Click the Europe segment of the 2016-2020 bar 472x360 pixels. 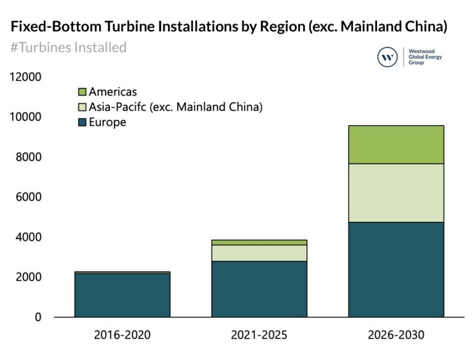coord(122,295)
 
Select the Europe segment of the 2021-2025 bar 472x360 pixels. coord(259,289)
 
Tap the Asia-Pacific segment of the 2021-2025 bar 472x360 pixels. coord(259,253)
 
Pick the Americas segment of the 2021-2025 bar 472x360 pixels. coord(259,242)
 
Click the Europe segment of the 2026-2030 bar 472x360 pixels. coord(396,269)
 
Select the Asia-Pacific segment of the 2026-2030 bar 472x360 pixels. coord(396,192)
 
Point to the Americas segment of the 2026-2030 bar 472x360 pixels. coord(396,144)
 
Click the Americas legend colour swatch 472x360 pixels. coord(82,91)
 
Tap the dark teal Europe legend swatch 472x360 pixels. coord(82,122)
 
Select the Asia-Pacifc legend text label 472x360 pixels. coord(175,107)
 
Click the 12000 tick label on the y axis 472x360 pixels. coord(25,77)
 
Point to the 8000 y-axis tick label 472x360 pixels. coord(28,158)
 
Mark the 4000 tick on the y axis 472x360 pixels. coord(28,237)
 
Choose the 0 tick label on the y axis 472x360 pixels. coord(38,318)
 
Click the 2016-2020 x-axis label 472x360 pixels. coord(122,335)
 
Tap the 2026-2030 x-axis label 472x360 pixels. coord(396,335)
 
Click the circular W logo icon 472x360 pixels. coord(388,57)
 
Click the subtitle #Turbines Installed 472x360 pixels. coord(68,47)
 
